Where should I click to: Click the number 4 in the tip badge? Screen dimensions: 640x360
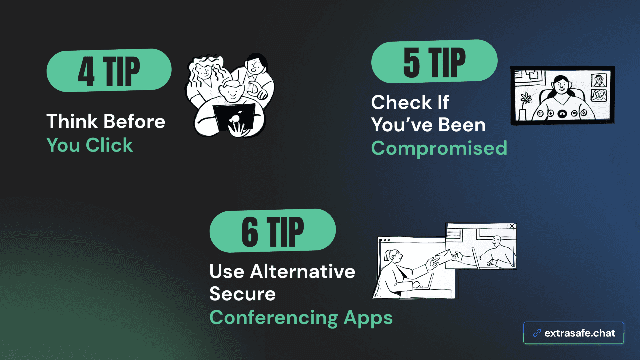click(x=86, y=71)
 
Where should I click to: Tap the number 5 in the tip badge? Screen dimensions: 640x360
click(x=411, y=62)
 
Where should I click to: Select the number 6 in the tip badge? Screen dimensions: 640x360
click(x=250, y=232)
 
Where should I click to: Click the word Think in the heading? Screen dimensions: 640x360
click(x=72, y=121)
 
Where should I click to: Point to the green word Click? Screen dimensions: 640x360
click(x=109, y=145)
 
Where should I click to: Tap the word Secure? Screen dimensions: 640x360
click(x=243, y=294)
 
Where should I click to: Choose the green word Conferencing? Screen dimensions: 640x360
click(x=274, y=318)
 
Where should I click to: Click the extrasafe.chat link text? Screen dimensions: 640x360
click(x=580, y=333)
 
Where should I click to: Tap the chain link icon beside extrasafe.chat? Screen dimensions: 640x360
click(x=537, y=333)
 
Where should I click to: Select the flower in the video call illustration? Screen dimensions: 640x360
click(x=526, y=98)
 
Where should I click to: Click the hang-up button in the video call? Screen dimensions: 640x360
click(x=562, y=114)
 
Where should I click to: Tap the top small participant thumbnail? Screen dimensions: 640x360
click(x=599, y=80)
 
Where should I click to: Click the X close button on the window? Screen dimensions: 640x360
click(x=512, y=226)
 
